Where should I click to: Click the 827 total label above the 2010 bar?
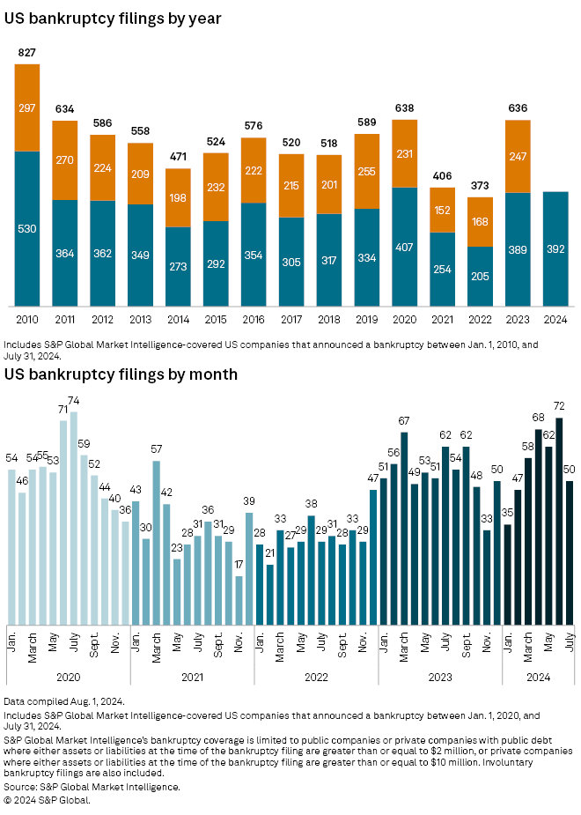pos(27,55)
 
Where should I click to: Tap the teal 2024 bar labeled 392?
pos(555,248)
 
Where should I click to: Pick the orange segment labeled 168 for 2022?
pos(480,221)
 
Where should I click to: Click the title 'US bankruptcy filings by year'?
pos(113,18)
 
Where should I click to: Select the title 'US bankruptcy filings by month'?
pos(121,374)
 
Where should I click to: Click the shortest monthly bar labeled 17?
pos(239,599)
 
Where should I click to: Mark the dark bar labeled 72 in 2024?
pos(559,520)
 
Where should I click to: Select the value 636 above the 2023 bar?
pos(518,109)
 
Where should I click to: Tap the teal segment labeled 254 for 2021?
pos(442,269)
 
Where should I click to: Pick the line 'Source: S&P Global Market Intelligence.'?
pos(92,787)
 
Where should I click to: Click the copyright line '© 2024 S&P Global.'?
pos(48,800)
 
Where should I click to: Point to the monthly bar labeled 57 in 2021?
pos(157,541)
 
